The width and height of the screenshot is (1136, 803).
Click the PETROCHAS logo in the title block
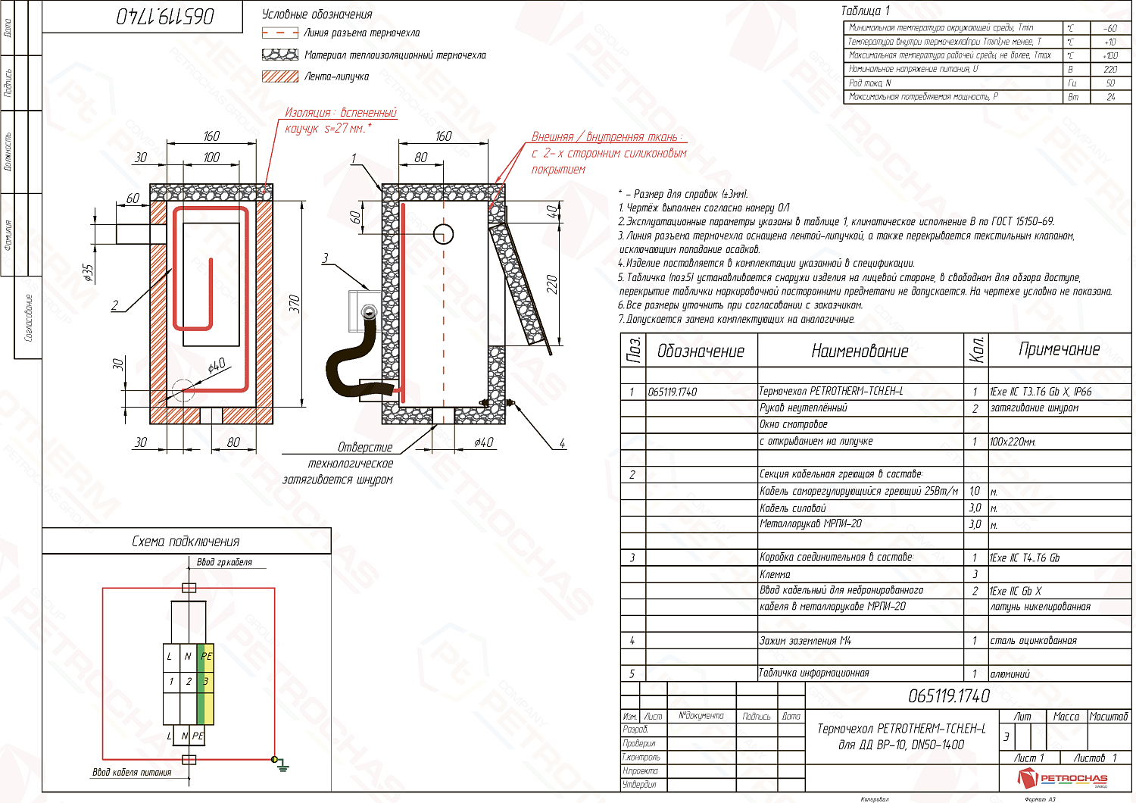tap(1063, 777)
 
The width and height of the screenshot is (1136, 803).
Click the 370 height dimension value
tap(295, 304)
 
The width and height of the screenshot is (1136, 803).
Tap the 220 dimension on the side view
tap(552, 285)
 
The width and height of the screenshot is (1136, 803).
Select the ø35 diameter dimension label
tap(89, 273)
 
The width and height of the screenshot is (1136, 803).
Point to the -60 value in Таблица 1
tap(1110, 28)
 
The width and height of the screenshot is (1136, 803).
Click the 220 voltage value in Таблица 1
tap(1110, 69)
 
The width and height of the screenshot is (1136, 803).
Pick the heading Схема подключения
tap(186, 541)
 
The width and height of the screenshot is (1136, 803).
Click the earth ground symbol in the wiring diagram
tap(282, 764)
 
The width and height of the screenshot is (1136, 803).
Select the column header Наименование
tap(860, 351)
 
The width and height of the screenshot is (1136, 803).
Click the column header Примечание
tap(1059, 349)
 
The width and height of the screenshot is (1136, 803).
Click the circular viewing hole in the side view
tap(443, 233)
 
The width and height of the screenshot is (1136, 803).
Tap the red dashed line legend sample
tap(279, 33)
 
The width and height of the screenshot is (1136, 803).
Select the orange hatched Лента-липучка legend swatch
tap(279, 77)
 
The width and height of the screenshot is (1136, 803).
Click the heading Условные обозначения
tap(317, 14)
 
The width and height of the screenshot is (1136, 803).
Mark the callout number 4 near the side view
tap(562, 443)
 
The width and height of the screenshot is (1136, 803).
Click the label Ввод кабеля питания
tap(132, 773)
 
